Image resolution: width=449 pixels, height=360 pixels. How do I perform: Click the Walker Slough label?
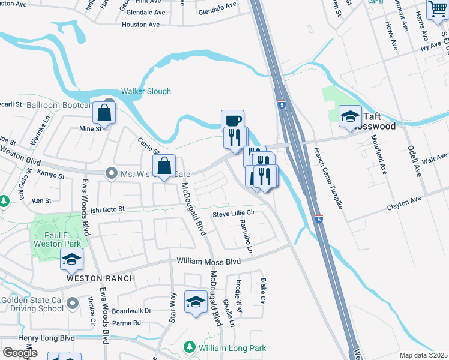146,91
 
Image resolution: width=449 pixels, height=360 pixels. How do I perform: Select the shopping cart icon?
438,9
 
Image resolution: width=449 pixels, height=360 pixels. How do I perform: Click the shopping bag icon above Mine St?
104,112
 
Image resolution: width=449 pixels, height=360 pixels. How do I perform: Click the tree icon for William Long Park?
190,347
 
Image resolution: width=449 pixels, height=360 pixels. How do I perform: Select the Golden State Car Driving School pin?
73,302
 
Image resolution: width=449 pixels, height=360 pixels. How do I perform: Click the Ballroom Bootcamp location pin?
109,102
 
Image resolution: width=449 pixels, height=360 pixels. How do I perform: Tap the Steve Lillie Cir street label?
234,213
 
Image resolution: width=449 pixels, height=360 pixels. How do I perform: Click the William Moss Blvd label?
208,262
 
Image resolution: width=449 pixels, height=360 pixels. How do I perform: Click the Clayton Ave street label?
405,203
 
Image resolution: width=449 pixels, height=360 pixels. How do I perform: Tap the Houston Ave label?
140,25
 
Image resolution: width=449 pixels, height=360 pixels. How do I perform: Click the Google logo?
20,353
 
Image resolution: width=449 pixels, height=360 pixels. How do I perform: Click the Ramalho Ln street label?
246,236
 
